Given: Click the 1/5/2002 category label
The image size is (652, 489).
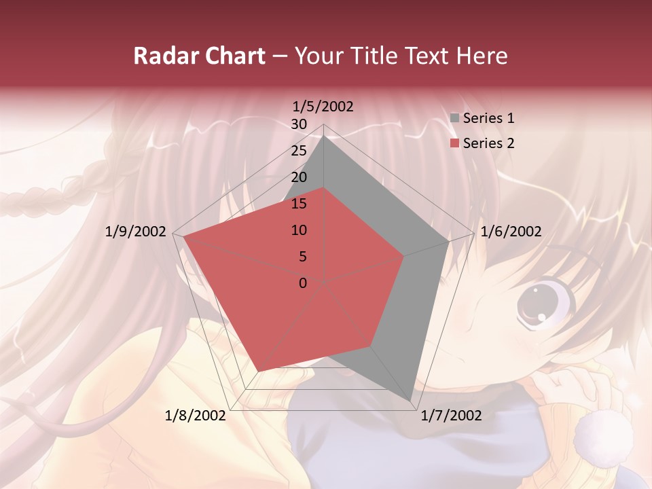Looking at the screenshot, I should tap(323, 106).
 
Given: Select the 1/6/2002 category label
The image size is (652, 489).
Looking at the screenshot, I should tap(511, 232).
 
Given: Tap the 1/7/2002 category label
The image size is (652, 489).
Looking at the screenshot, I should tap(451, 416).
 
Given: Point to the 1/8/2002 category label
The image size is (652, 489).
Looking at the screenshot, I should tap(196, 416).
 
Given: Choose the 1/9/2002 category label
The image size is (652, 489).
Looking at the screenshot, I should tap(136, 232).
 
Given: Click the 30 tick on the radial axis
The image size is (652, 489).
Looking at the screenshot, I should tap(299, 124).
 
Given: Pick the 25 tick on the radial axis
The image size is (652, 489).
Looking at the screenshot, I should tap(299, 151).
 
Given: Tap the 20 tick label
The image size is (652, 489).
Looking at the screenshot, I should tap(299, 177).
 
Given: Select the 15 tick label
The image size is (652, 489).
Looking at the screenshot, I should tap(299, 204).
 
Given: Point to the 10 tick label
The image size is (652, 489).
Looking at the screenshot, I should tap(299, 230).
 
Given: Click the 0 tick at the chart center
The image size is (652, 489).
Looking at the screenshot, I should tap(303, 283).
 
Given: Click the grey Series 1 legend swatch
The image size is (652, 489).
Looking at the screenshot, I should tap(454, 118).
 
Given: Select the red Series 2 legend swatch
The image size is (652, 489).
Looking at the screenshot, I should tap(454, 143).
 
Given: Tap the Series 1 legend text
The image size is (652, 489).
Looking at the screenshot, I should tap(489, 118).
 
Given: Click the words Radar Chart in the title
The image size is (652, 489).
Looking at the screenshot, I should tap(199, 56).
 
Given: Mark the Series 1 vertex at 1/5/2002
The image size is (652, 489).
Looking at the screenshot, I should tap(324, 136).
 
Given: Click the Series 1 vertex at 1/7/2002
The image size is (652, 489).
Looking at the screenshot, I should tap(412, 401).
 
